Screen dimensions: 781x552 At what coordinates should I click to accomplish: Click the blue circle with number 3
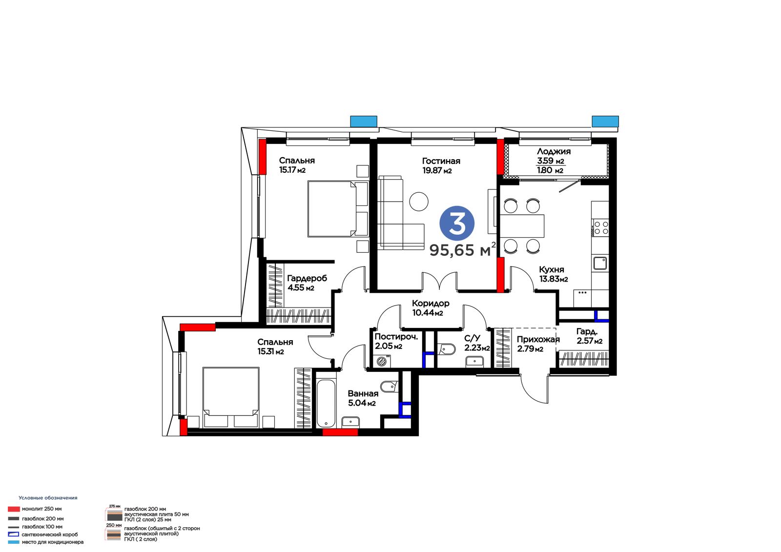(x=457, y=224)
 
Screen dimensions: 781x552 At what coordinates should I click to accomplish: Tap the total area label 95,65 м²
(x=462, y=250)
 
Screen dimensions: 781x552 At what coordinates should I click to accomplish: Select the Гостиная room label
(x=441, y=161)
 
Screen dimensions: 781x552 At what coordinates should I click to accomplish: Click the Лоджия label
(x=554, y=151)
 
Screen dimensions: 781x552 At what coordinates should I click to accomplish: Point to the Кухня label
(x=551, y=269)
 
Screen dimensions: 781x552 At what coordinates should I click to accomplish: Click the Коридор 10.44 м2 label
(x=430, y=308)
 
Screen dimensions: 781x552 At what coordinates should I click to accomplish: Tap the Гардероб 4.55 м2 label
(x=307, y=283)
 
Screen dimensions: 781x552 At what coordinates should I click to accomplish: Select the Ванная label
(x=363, y=394)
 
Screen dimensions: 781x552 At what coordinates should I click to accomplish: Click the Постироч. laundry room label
(x=396, y=337)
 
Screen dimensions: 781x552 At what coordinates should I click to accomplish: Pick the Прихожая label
(x=538, y=339)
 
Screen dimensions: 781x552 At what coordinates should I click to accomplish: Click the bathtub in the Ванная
(x=327, y=403)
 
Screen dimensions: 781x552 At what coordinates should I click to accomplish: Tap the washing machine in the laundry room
(x=382, y=361)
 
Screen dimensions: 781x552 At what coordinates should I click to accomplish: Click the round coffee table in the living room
(x=418, y=202)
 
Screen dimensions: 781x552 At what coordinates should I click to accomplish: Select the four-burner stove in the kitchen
(x=601, y=228)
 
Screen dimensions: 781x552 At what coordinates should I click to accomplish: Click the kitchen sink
(x=600, y=263)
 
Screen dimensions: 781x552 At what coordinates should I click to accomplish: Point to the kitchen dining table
(x=522, y=226)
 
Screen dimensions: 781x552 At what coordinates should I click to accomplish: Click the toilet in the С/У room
(x=447, y=349)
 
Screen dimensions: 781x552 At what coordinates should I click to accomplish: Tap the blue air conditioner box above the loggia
(x=605, y=122)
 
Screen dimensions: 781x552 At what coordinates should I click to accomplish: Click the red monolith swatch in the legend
(x=14, y=509)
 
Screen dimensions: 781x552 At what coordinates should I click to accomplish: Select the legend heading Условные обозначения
(x=48, y=498)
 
